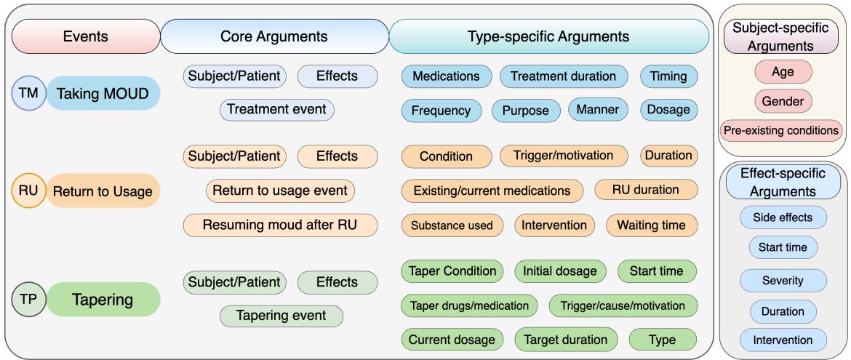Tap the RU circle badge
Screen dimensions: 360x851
pos(28,191)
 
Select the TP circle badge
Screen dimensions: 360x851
pos(28,299)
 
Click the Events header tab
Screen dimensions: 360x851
pos(85,36)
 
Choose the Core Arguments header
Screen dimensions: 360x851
pos(273,36)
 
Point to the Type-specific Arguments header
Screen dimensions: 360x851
pos(549,36)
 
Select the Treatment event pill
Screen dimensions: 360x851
pos(276,110)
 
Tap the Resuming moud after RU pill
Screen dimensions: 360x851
pos(280,225)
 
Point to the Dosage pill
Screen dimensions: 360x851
pos(668,111)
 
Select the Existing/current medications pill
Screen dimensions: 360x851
pos(492,191)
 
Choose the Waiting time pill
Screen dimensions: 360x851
pos(651,225)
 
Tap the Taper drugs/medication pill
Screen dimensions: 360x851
pos(469,305)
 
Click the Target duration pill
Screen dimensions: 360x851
pos(566,340)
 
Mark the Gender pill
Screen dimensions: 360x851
pos(783,102)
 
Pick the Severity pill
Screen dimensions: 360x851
pos(783,280)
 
